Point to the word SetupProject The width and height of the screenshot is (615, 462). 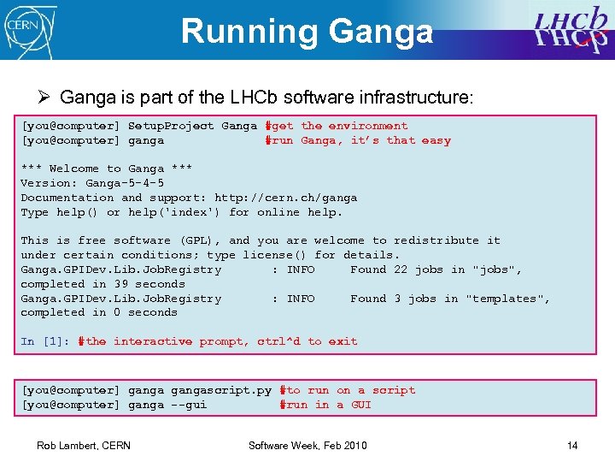(x=171, y=126)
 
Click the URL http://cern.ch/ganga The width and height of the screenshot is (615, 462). (x=285, y=198)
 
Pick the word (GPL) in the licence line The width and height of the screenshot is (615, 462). (x=199, y=240)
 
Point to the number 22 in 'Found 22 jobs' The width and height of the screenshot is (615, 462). (x=401, y=269)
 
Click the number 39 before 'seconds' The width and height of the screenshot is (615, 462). (x=120, y=284)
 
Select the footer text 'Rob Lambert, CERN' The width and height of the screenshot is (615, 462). (x=84, y=446)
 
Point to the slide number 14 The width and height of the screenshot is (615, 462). (x=572, y=446)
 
